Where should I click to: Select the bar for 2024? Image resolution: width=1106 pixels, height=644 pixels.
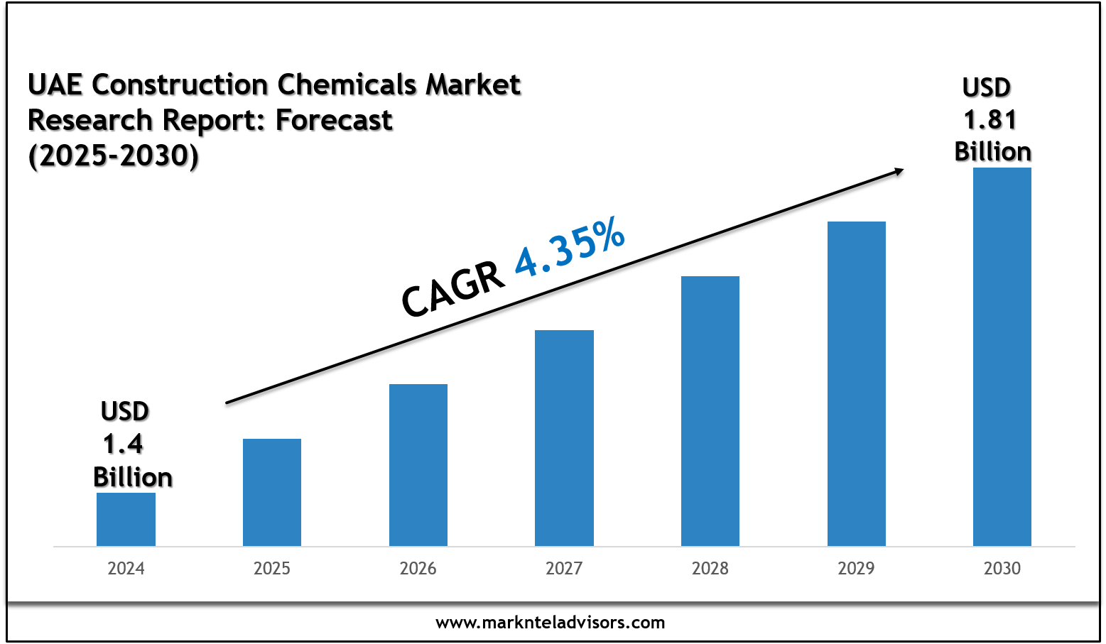point(126,519)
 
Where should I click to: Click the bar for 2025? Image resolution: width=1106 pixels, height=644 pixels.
point(272,492)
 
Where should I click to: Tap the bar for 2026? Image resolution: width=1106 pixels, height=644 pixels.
point(418,465)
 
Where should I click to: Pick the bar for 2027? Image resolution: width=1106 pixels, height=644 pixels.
point(564,438)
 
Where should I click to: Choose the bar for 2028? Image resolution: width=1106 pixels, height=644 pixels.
point(710,411)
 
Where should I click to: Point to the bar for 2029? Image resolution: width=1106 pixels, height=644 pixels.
point(857,383)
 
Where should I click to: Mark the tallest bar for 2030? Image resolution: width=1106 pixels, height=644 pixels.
point(1002,356)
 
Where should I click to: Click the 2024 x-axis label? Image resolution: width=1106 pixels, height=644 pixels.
point(126,569)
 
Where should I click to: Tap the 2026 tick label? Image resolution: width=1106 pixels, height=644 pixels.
point(418,569)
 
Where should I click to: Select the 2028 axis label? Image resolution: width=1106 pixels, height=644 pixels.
point(710,569)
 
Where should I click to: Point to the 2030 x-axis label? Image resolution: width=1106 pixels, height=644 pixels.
point(1002,569)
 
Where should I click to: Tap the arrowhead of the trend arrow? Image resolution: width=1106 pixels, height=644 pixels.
point(898,170)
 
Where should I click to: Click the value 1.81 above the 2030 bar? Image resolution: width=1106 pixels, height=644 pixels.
point(990,120)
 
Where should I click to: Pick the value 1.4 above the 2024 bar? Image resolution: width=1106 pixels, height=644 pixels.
point(124,444)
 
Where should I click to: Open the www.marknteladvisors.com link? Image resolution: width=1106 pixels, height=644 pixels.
point(551,623)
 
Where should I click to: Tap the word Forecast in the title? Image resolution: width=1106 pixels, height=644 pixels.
point(334,121)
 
